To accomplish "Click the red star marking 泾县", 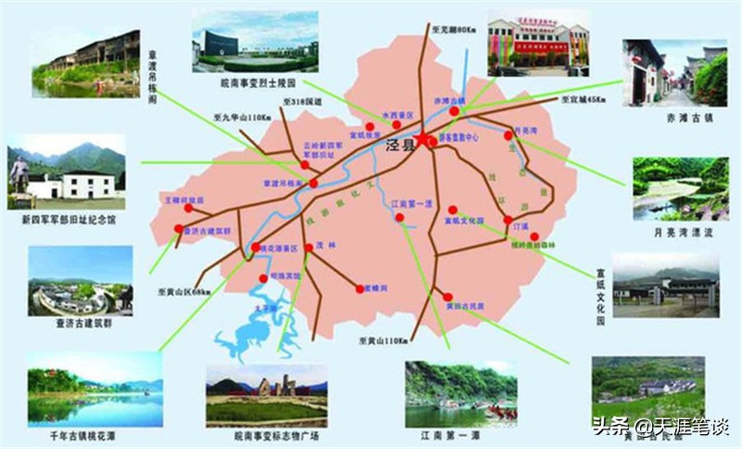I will click(424, 140).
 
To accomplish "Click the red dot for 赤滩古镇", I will click(454, 111).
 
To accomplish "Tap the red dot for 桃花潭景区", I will click(255, 248).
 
